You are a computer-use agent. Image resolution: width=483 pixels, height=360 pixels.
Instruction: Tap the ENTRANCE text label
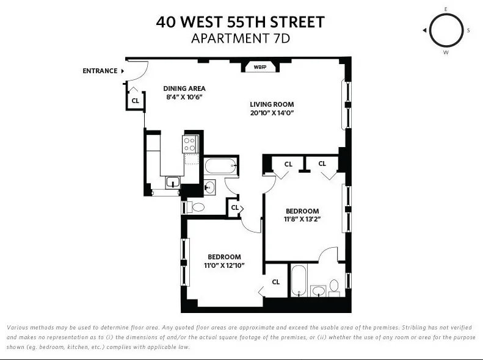tap(100, 71)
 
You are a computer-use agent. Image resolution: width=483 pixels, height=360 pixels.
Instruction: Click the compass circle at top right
tap(446, 31)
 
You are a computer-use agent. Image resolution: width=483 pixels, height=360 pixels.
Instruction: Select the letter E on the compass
tap(446, 9)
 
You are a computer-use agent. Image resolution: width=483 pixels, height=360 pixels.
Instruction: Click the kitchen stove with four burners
tap(190, 144)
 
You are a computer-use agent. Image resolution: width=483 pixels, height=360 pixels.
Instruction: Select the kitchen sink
tap(173, 181)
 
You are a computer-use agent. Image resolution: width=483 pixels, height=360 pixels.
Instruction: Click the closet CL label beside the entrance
tap(135, 101)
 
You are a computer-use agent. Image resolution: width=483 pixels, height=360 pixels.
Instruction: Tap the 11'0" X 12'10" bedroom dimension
tap(224, 265)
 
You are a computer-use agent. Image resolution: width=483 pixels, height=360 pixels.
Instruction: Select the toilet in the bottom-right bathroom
tap(334, 286)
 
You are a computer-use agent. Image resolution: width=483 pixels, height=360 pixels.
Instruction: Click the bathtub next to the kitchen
tap(220, 165)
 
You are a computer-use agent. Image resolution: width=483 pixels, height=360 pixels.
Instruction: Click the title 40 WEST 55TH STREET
tap(240, 23)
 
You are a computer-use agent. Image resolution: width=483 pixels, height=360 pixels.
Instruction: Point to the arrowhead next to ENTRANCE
tap(123, 71)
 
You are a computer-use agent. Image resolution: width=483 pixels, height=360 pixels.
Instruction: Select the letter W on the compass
tap(446, 53)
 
